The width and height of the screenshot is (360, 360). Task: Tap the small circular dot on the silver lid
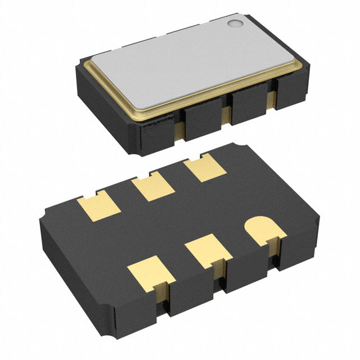click(234, 24)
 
